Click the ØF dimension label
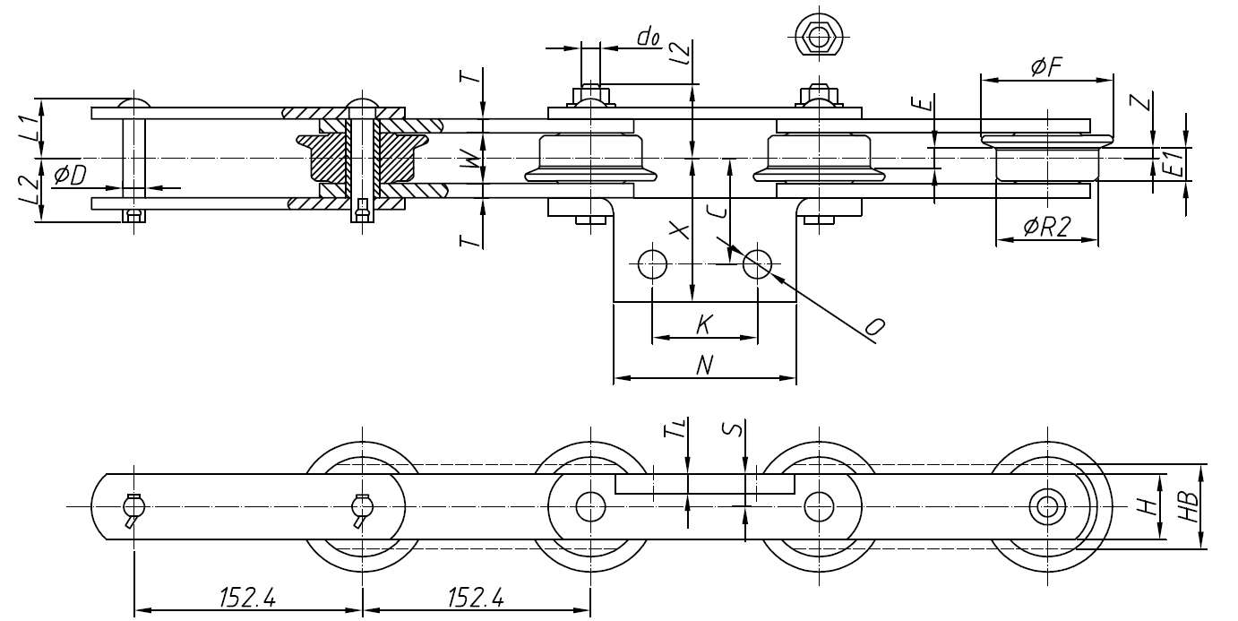tap(1045, 66)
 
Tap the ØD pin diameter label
tap(71, 176)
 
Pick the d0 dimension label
tap(648, 37)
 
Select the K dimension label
tap(703, 324)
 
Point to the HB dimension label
tap(1188, 506)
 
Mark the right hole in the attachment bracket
tap(757, 263)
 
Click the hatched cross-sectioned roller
tap(363, 160)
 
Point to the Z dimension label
tap(1139, 104)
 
